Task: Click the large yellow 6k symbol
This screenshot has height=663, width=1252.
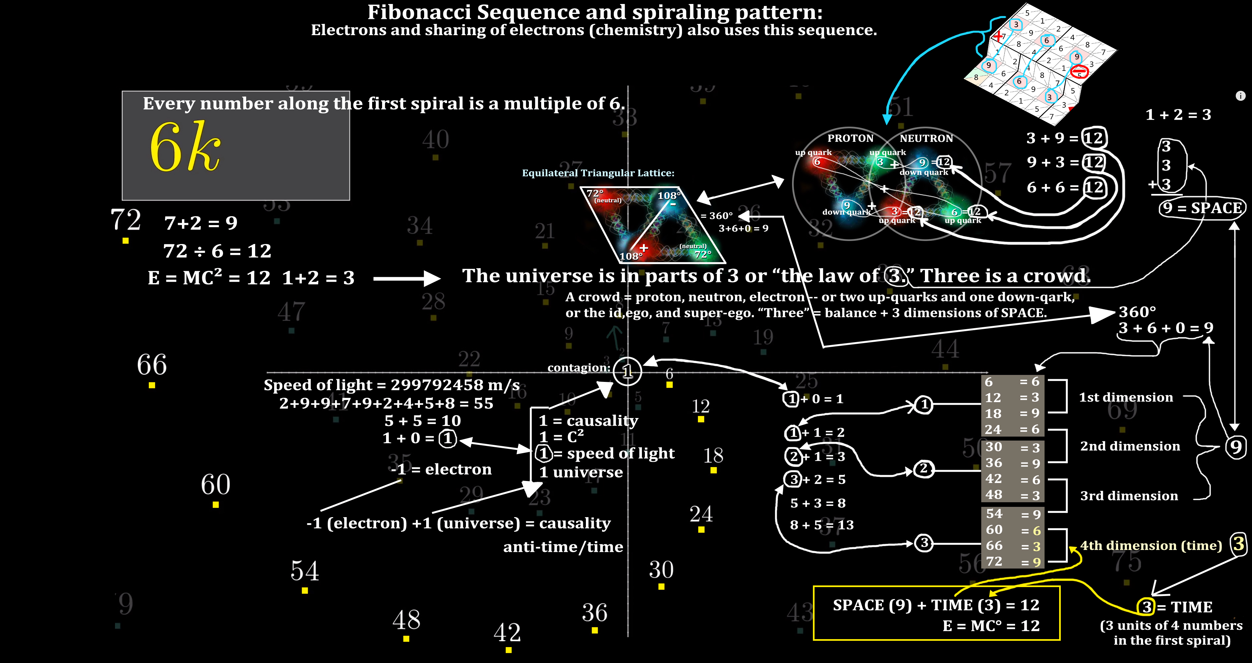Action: [x=185, y=147]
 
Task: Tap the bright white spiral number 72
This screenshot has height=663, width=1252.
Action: [x=125, y=220]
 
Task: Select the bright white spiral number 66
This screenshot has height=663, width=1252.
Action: [x=152, y=365]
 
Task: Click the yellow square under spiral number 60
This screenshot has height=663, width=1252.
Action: [x=216, y=505]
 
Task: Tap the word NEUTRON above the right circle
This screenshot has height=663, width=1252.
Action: [x=926, y=139]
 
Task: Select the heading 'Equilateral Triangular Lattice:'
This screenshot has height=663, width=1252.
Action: [x=598, y=173]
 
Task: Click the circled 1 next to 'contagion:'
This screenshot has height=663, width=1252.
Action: [x=627, y=372]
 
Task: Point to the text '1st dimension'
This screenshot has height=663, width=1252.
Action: [x=1126, y=397]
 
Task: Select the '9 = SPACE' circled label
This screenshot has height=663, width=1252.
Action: [x=1201, y=208]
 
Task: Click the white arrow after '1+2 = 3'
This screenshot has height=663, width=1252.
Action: [x=407, y=278]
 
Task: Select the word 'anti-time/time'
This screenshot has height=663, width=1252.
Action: [x=563, y=547]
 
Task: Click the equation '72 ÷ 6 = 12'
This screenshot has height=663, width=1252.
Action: [x=217, y=251]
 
